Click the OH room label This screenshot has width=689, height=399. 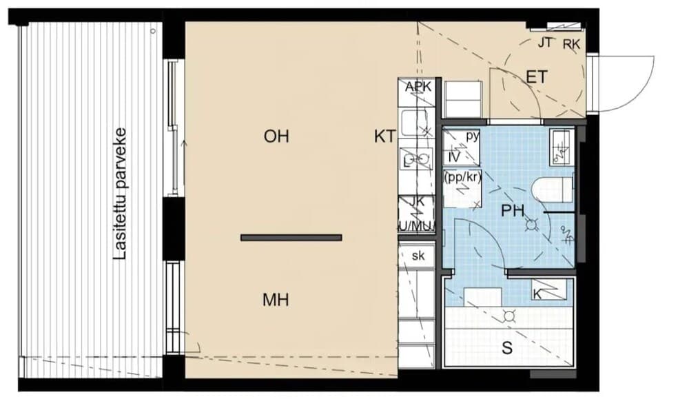[x=276, y=136]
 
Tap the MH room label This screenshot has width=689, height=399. [x=276, y=300]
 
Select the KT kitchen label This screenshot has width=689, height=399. [x=384, y=136]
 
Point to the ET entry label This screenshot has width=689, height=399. [x=536, y=77]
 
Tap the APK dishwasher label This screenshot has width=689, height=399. [x=418, y=87]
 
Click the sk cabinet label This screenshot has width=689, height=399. [x=418, y=256]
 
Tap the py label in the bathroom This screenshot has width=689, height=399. [x=472, y=136]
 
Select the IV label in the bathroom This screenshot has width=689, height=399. [x=454, y=157]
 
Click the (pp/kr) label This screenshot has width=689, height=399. [x=462, y=176]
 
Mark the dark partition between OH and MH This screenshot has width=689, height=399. [x=291, y=238]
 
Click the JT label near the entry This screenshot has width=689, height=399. [x=544, y=43]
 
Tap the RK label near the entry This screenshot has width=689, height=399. [x=571, y=45]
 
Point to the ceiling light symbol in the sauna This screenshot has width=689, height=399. [x=510, y=316]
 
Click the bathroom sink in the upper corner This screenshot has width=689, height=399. [x=561, y=146]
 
